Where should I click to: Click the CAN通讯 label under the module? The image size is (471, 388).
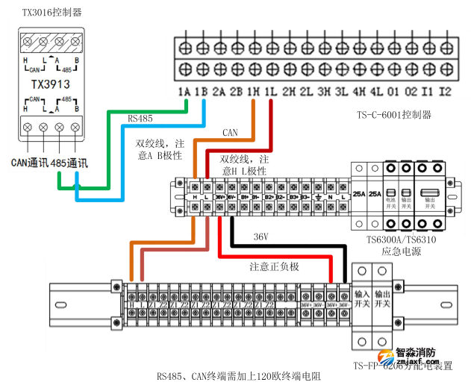click(x=29, y=162)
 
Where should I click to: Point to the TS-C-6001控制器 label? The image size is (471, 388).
click(x=394, y=115)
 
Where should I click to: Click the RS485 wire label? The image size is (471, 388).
click(x=140, y=118)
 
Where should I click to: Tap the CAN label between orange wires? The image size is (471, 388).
click(x=231, y=133)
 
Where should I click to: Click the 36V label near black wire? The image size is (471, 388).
click(x=260, y=237)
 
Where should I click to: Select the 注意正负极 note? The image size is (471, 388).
click(x=274, y=266)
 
